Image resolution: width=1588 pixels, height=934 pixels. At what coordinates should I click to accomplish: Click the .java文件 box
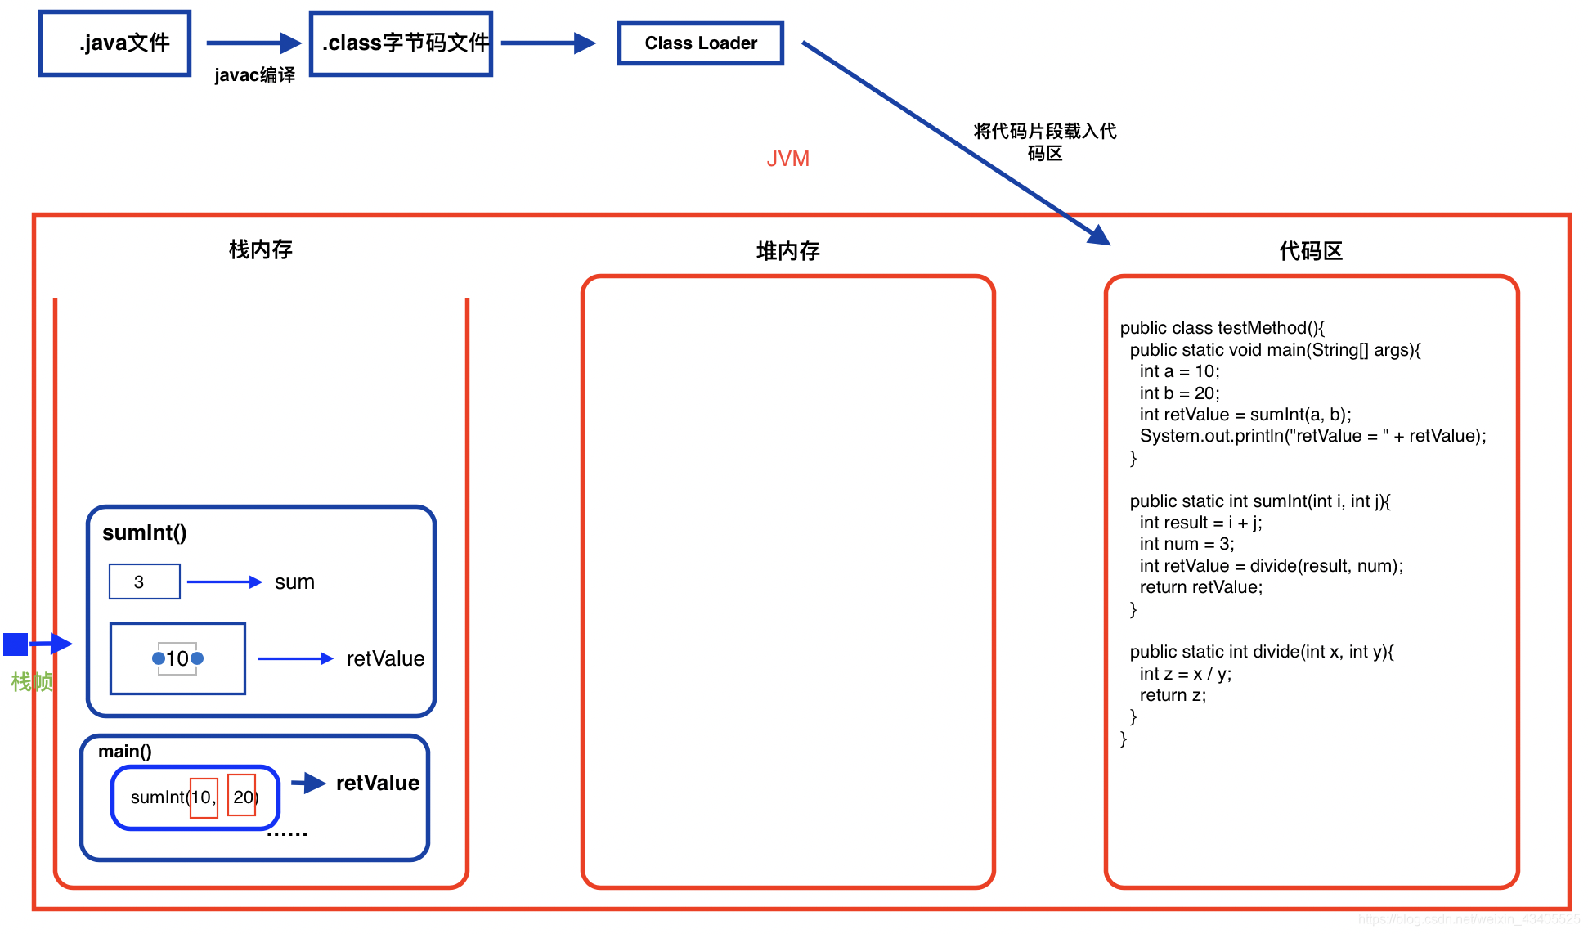pos(114,43)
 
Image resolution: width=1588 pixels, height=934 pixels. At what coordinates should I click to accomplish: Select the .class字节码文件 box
pos(401,43)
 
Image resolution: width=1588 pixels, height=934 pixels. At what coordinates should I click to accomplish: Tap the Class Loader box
pos(700,43)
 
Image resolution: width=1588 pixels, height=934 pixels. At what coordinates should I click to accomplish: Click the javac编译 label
pos(254,75)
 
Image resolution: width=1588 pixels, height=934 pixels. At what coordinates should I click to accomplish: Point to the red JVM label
pos(787,159)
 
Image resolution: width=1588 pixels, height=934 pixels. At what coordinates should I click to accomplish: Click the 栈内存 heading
pos(260,249)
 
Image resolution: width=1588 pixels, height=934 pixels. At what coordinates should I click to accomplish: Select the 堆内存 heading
pos(787,251)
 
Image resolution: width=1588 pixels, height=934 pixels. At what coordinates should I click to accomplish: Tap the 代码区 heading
pos(1310,251)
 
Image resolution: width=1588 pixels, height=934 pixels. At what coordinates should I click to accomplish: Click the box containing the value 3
pos(145,582)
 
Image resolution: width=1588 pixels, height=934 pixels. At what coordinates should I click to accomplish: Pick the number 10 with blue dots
pos(177,658)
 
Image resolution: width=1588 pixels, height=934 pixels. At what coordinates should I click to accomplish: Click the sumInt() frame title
pos(145,533)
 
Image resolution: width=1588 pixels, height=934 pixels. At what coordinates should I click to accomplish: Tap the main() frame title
pos(124,752)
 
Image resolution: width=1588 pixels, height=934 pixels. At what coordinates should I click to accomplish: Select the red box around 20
pos(242,796)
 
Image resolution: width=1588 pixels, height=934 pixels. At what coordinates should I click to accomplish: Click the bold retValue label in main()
pos(377,784)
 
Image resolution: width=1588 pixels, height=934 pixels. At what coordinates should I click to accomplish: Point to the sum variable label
pos(294,582)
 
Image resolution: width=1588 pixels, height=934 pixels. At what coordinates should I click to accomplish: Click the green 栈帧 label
pos(32,681)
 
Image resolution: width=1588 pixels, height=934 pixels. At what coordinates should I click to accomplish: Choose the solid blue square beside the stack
pos(16,644)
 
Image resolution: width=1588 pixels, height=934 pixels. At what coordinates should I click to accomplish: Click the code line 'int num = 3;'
pos(1187,544)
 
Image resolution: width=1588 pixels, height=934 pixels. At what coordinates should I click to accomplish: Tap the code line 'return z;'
pos(1173,695)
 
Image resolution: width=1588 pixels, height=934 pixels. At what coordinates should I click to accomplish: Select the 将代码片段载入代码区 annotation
pos(1044,142)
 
